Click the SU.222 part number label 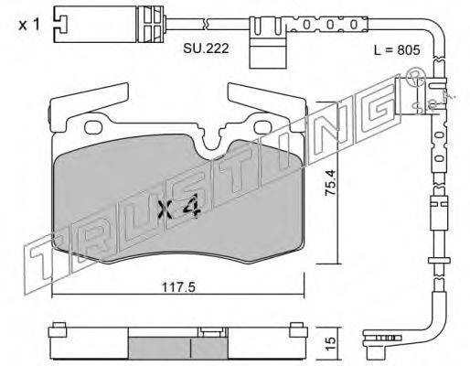pos(206,48)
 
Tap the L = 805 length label pos(397,50)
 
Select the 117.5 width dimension pos(178,286)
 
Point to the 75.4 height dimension pos(330,183)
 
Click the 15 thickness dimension pos(330,343)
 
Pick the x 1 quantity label pos(29,25)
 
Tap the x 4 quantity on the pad pos(179,207)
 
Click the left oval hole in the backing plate pos(93,127)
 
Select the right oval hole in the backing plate pos(263,127)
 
